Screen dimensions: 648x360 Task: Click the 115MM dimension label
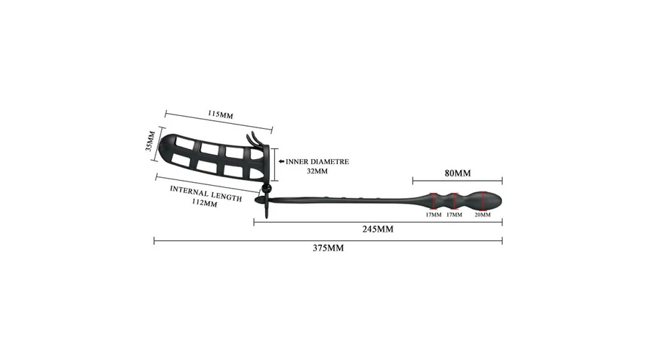[x=220, y=114]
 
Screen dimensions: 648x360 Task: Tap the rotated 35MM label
[x=150, y=141]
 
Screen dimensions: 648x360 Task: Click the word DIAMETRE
[x=330, y=161]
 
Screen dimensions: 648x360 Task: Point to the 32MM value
[x=318, y=171]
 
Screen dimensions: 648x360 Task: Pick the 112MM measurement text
[x=204, y=202]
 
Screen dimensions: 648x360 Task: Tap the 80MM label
[x=457, y=174]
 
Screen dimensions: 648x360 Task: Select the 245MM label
[x=378, y=229]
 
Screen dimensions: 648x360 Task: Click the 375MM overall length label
[x=328, y=248]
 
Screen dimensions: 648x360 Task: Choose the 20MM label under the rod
[x=482, y=215]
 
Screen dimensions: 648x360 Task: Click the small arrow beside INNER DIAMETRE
[x=282, y=161]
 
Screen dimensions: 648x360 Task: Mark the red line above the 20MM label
[x=482, y=200]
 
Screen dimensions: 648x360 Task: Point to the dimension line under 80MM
[x=457, y=181]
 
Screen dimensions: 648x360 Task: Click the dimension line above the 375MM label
[x=328, y=240]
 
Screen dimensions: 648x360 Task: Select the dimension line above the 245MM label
[x=378, y=222]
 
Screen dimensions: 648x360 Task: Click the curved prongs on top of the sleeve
[x=256, y=139]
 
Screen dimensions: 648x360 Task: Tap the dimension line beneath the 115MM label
[x=219, y=122]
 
